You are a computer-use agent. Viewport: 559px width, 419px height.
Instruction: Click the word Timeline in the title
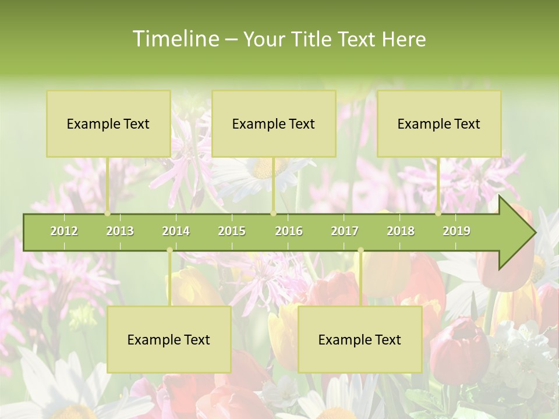click(x=175, y=39)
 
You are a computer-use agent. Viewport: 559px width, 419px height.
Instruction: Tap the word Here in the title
click(x=404, y=39)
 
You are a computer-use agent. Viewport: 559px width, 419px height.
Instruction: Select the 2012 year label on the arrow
click(x=64, y=231)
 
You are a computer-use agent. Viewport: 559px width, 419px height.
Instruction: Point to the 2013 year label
click(x=120, y=231)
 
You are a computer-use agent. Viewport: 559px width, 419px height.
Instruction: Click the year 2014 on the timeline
click(x=176, y=231)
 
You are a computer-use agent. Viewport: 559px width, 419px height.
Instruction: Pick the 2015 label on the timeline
click(x=232, y=231)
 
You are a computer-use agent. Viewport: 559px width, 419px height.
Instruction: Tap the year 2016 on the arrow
click(x=289, y=231)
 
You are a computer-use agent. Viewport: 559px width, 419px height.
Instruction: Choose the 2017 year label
click(x=345, y=231)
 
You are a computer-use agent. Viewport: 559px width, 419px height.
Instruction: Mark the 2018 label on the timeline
click(x=401, y=231)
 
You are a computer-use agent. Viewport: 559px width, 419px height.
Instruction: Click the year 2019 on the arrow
click(x=457, y=231)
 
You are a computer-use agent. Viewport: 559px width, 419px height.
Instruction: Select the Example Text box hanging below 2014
click(x=169, y=340)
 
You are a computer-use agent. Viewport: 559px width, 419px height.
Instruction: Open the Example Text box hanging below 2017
click(x=360, y=340)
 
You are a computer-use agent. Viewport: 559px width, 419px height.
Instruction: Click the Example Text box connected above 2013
click(x=108, y=124)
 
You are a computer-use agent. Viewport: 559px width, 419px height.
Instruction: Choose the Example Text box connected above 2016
click(x=274, y=124)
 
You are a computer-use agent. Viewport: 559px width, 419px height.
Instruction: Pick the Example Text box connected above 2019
click(x=439, y=124)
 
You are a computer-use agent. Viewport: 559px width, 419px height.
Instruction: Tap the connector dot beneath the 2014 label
click(x=169, y=250)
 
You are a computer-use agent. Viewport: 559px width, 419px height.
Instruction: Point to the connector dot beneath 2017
click(x=360, y=250)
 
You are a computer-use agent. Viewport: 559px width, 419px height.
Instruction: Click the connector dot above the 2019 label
click(x=438, y=213)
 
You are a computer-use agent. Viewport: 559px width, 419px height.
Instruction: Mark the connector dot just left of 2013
click(x=108, y=213)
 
